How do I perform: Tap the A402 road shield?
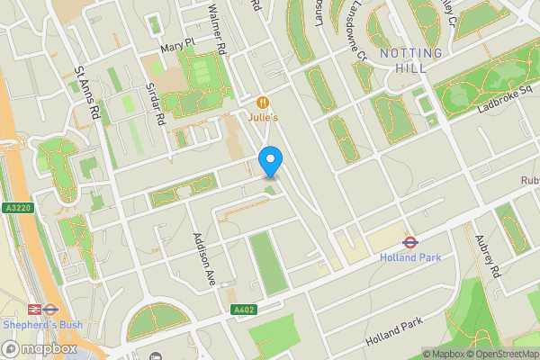coord(243,310)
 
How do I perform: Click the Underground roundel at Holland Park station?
coord(409,241)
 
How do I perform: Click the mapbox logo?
coord(40,348)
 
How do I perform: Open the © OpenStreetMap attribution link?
coord(503,354)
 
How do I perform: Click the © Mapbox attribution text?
coord(444,354)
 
